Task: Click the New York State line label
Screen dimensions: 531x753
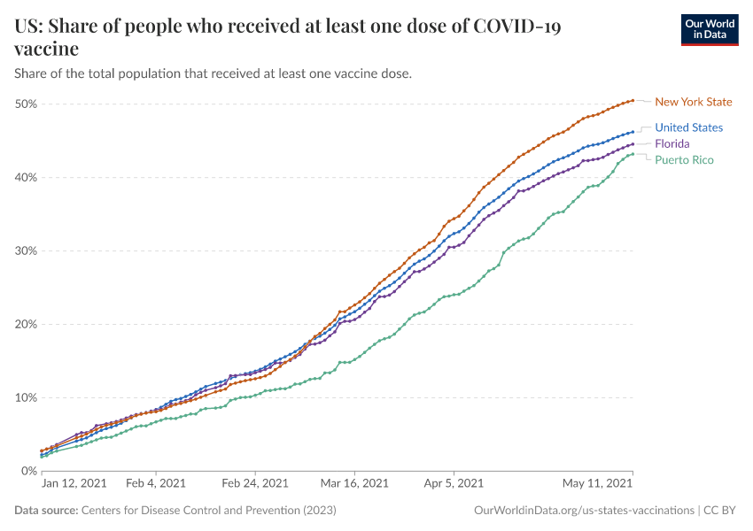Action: coord(694,102)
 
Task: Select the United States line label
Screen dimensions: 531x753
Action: coord(689,127)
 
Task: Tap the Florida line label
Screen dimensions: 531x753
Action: coord(672,143)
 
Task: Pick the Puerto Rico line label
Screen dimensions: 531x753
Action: coord(684,159)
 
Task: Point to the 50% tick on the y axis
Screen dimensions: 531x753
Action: coord(25,104)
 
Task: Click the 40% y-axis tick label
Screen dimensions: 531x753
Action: coord(25,178)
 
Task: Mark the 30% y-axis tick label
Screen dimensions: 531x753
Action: coord(25,251)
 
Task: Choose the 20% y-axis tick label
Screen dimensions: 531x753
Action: coord(25,325)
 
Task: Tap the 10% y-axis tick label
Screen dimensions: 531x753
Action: coord(25,398)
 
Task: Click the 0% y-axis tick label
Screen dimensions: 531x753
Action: coord(28,472)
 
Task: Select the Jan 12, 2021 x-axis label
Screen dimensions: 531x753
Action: coord(74,484)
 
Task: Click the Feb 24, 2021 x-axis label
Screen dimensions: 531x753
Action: coord(254,484)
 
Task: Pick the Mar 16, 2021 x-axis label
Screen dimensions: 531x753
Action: coord(354,484)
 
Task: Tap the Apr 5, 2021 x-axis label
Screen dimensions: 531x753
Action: coord(453,484)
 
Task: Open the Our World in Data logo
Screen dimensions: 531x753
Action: coord(710,29)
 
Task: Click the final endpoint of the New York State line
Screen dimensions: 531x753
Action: coord(633,100)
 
